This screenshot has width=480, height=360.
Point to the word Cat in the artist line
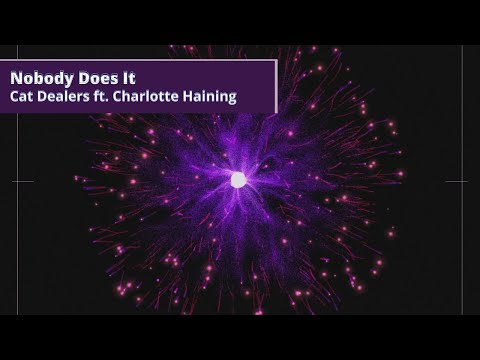(x=23, y=98)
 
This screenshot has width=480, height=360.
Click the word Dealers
(x=69, y=98)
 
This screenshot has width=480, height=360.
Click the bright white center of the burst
(x=238, y=180)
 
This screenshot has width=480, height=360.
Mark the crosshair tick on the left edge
(x=22, y=181)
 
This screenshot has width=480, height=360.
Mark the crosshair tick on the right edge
(x=456, y=181)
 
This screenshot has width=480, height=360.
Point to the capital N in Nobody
(x=16, y=77)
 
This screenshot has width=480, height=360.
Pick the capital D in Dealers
(x=45, y=98)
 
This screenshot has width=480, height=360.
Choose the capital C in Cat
(x=15, y=98)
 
